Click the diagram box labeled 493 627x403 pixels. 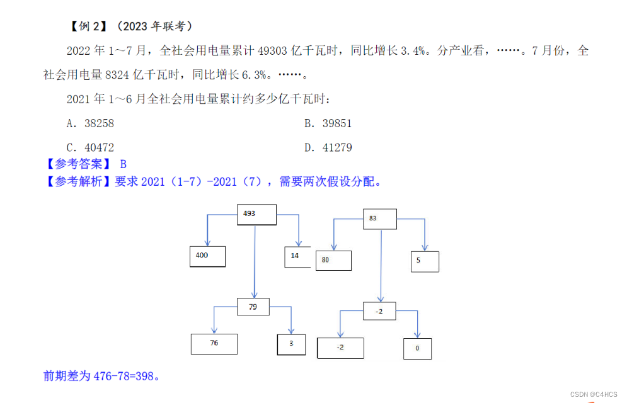256,215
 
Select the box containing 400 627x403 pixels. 207,256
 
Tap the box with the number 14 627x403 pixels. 297,257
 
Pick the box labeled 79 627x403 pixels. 253,307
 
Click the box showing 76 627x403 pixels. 214,344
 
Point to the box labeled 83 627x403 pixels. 380,219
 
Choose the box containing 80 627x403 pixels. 333,260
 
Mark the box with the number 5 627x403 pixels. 425,261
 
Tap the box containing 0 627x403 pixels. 417,348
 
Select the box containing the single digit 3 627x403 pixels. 291,344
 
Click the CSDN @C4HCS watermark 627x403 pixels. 594,394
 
